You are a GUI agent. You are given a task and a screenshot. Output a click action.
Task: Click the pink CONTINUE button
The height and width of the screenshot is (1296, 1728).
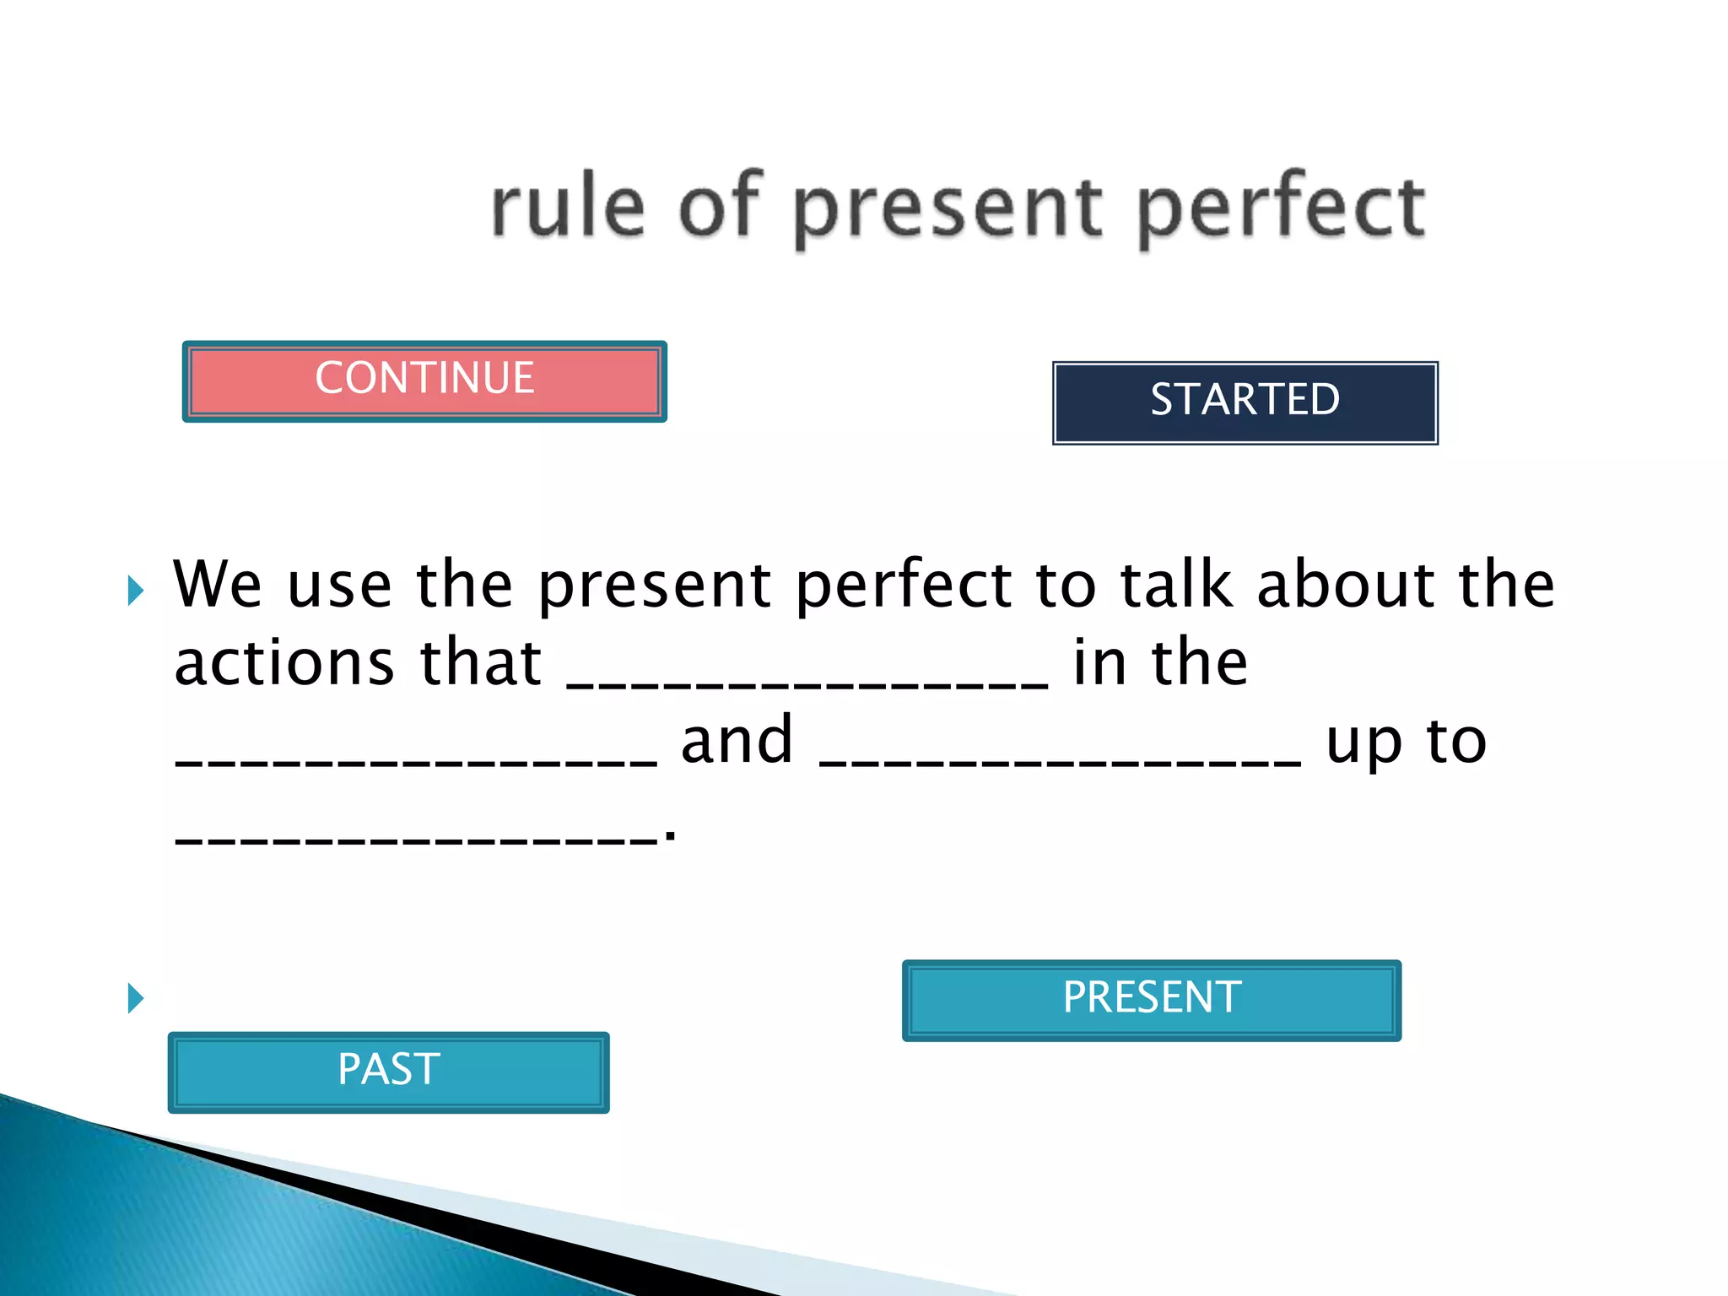click(x=424, y=381)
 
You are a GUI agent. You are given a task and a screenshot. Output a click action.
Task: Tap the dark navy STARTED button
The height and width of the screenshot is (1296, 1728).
click(x=1245, y=402)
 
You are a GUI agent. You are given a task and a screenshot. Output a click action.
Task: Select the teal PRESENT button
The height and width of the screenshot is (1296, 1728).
click(x=1151, y=1000)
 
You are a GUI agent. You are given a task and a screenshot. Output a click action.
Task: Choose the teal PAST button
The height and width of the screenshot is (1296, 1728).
click(x=388, y=1072)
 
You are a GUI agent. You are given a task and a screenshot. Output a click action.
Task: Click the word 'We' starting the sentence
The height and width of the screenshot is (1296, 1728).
click(x=217, y=585)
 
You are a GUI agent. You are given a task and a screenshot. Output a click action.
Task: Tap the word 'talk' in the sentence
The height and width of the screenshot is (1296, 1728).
click(x=1176, y=585)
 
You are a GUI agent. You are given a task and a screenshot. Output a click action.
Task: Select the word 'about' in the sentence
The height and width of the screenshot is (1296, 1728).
click(x=1345, y=585)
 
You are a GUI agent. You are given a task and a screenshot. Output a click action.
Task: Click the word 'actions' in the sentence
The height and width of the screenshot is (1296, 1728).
click(x=284, y=663)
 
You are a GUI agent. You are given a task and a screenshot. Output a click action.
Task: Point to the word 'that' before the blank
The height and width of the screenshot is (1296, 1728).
click(x=481, y=663)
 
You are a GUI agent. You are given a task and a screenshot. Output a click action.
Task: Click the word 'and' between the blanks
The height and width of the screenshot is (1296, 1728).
click(x=737, y=742)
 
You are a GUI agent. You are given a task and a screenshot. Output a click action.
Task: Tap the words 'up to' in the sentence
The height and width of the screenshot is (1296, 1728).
click(x=1406, y=743)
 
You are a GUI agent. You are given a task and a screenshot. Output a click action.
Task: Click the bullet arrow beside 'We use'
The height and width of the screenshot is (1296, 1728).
click(x=135, y=590)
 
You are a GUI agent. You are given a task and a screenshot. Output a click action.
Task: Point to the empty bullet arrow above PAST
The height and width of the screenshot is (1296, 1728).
click(x=135, y=998)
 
